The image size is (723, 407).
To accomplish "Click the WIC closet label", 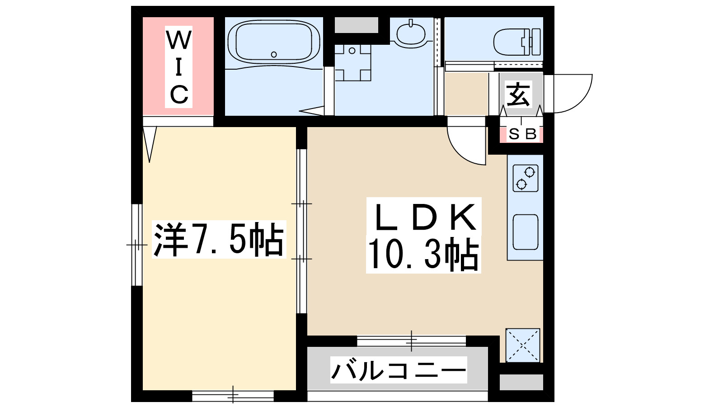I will (179, 66).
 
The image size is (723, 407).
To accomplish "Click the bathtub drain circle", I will (274, 54).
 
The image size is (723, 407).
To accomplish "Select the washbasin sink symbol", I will (410, 33).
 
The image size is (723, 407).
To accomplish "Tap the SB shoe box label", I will (522, 134).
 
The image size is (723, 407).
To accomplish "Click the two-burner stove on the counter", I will (526, 178).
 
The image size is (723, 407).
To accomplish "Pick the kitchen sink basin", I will (526, 232).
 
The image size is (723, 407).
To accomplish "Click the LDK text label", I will (424, 218).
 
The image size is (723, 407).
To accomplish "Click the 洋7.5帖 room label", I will (219, 240).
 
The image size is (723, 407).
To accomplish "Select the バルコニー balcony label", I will (398, 370).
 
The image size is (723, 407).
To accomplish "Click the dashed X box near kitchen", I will (523, 345).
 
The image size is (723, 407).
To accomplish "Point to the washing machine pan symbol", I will (352, 62).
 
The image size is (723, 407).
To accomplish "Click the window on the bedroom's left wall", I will (137, 245).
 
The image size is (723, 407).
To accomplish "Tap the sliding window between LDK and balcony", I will (411, 341).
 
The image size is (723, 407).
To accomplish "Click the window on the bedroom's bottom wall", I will (233, 396).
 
